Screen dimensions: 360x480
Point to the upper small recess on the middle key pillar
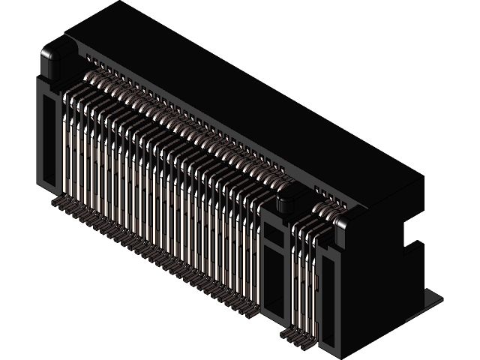(274, 239)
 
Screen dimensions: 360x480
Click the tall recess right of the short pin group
(328, 300)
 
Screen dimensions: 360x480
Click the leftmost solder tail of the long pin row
(58, 202)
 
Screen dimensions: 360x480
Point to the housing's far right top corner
(422, 178)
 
